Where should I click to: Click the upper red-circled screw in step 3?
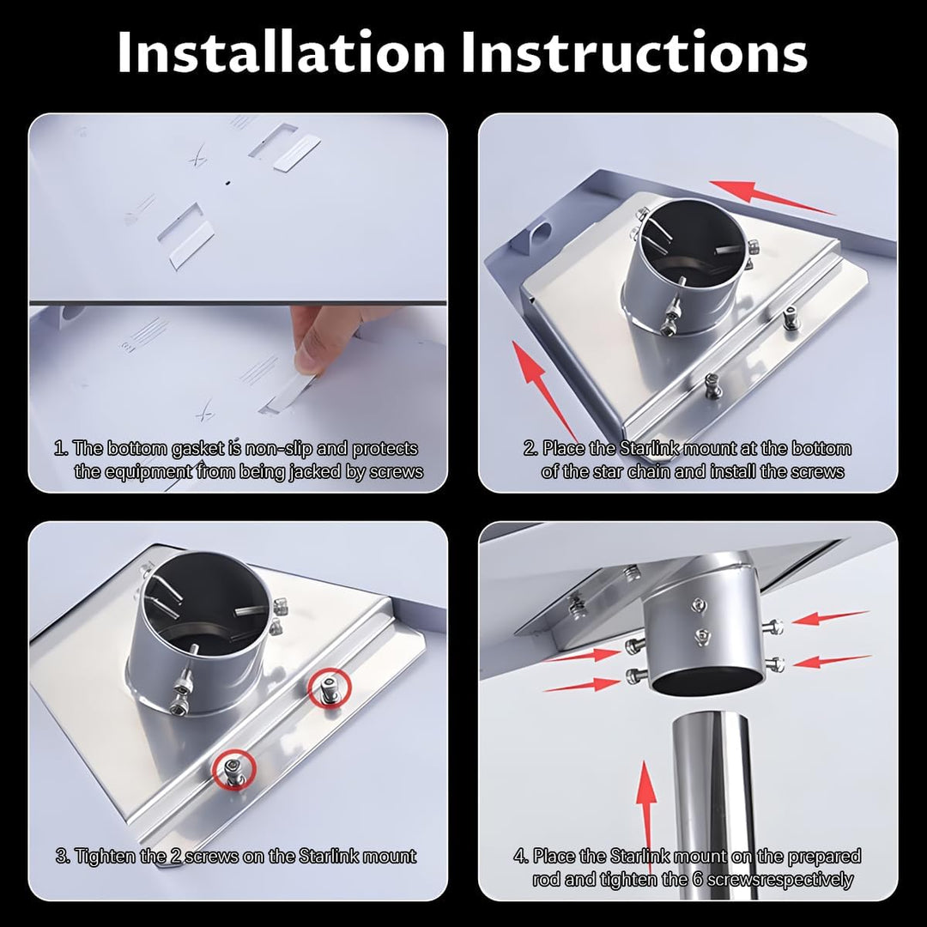[330, 688]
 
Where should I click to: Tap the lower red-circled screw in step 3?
[234, 770]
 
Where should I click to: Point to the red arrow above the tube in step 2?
[771, 197]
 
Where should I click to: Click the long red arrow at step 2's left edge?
[545, 391]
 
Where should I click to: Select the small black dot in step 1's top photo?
[227, 183]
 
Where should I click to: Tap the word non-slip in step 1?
[278, 449]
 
